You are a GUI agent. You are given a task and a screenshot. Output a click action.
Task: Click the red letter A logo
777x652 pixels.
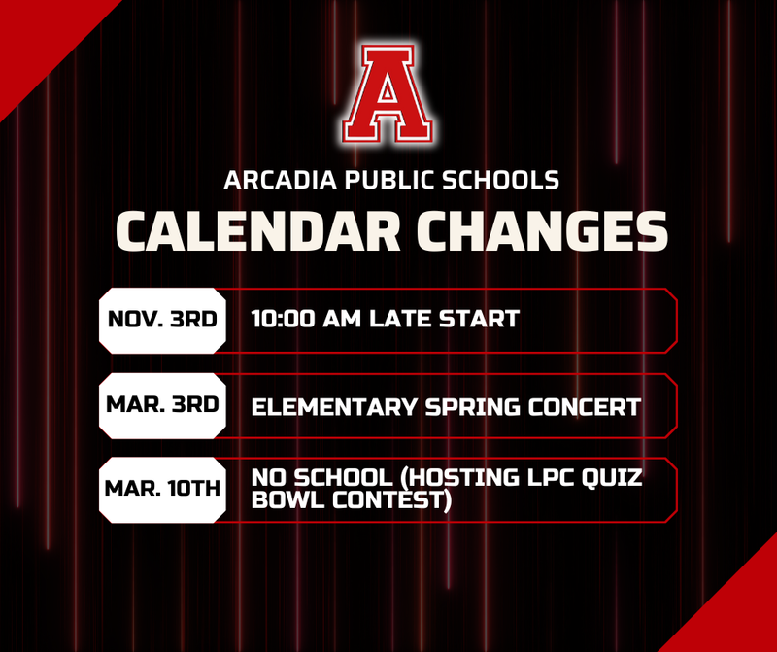click(x=388, y=93)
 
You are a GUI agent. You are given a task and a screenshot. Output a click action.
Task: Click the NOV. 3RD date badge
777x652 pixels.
click(x=162, y=319)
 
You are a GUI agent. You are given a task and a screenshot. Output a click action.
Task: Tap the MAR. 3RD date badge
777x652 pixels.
click(x=162, y=405)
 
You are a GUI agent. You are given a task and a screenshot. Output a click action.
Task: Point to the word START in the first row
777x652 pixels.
click(x=480, y=319)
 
